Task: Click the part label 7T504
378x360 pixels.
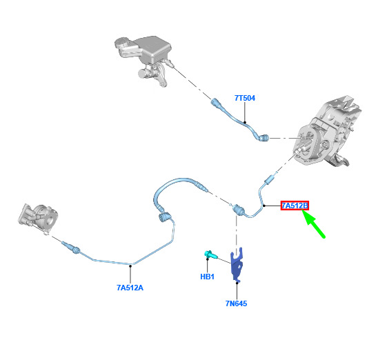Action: coord(245,98)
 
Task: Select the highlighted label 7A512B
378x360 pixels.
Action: coord(295,206)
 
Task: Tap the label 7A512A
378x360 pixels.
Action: coord(130,288)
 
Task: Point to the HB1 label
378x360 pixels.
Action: coord(208,277)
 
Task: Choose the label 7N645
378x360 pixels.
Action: coord(236,303)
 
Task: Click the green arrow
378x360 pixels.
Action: coord(313,223)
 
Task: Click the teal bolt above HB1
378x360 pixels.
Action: coord(210,254)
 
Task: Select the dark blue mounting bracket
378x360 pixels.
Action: coord(237,265)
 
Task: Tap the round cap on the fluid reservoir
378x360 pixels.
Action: coord(122,43)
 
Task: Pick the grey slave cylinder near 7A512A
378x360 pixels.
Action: coord(38,217)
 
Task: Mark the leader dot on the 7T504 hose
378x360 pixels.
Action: coord(245,122)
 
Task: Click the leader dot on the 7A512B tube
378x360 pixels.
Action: coord(264,206)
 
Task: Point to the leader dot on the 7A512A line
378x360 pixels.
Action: coord(130,266)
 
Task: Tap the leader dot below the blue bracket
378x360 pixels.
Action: coord(237,283)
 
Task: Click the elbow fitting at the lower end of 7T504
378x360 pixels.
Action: coord(263,138)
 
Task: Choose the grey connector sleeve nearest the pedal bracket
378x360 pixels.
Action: coord(269,180)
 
